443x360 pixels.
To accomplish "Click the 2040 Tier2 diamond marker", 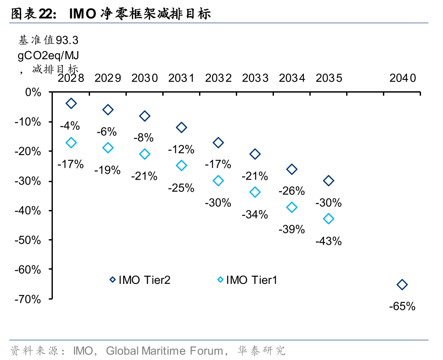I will [402, 285].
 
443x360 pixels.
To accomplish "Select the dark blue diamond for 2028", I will [71, 103].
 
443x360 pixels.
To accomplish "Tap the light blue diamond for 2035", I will [328, 219].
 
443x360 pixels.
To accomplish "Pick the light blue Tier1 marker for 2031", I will [181, 166].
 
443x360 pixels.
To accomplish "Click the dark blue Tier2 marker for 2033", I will [255, 154].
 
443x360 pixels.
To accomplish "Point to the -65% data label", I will [402, 306].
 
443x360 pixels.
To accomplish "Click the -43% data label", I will [328, 241].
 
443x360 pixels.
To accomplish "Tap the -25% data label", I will [181, 188].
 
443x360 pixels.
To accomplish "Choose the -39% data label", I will [292, 229].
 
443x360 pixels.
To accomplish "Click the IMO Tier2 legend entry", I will [139, 280].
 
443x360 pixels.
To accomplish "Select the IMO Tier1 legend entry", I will [247, 280].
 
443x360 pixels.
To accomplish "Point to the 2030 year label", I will [145, 78].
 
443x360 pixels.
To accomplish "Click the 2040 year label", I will [402, 78].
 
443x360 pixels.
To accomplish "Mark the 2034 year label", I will [292, 78].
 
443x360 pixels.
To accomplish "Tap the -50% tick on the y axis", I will [29, 240].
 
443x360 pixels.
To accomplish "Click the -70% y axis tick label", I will [29, 299].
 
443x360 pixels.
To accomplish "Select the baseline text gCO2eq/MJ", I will [48, 55].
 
